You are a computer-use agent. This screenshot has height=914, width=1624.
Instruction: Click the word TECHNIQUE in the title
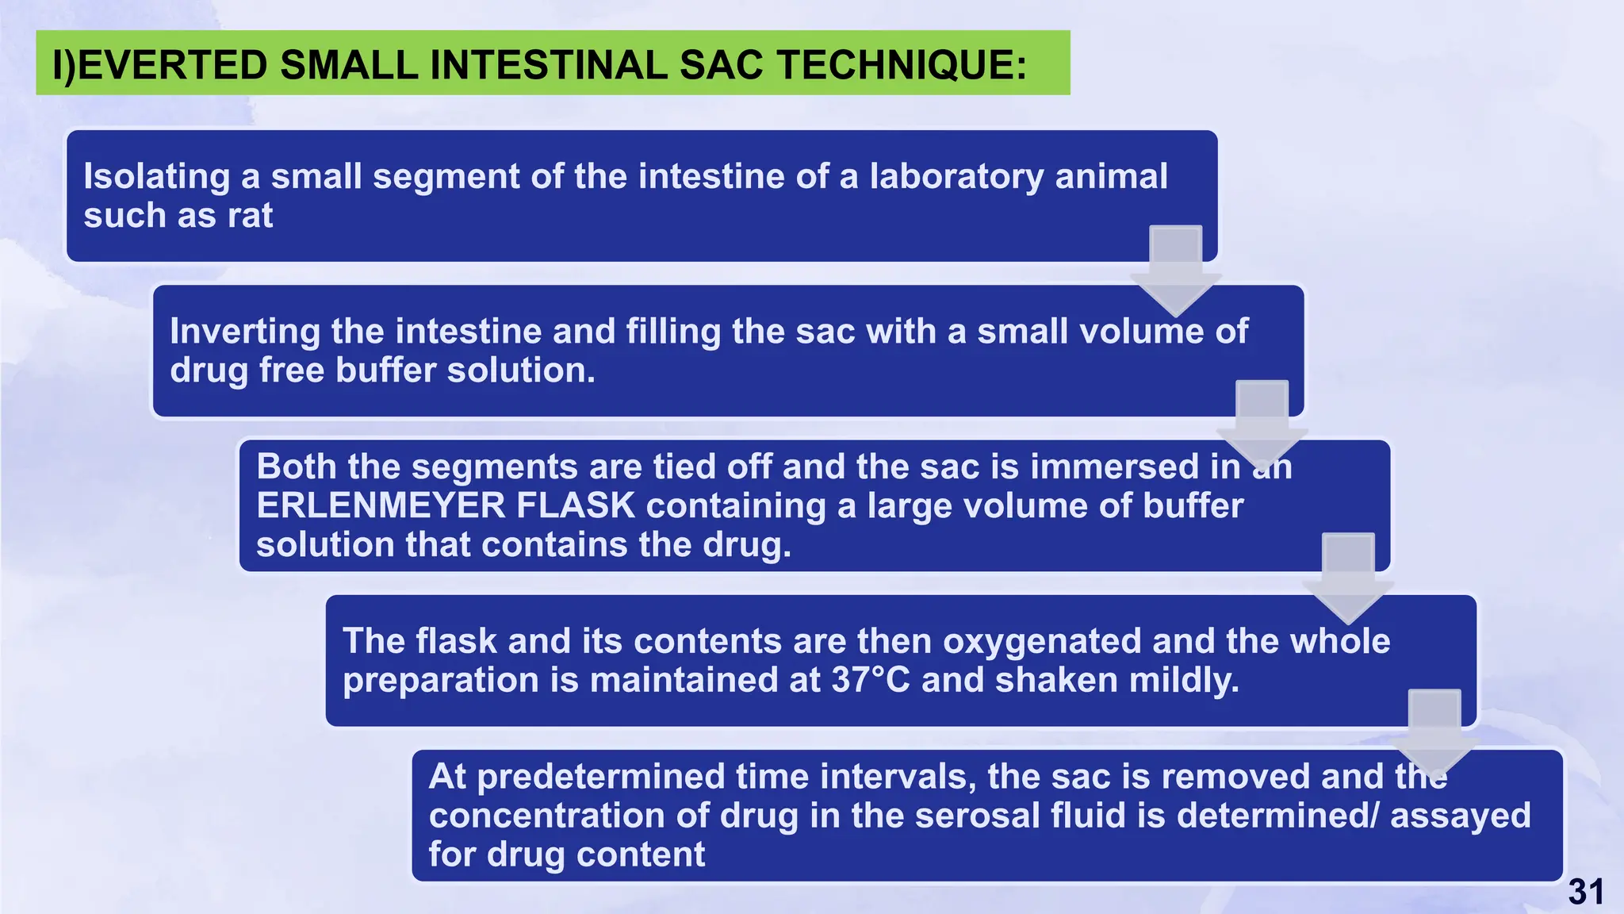(902, 65)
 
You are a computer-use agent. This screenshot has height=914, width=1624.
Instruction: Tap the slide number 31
(1585, 893)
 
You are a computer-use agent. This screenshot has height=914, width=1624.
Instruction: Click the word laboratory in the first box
(956, 176)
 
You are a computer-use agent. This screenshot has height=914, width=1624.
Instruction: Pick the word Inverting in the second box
(244, 332)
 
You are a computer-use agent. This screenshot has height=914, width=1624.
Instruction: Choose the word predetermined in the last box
(601, 777)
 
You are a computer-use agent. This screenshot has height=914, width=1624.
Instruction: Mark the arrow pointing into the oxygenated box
(1347, 580)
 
